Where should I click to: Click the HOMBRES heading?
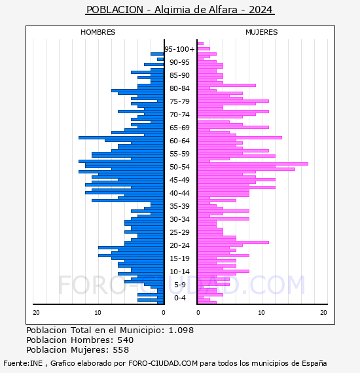(x=98, y=32)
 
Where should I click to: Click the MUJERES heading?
(x=262, y=32)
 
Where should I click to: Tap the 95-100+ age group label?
(x=179, y=49)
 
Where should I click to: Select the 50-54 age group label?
(x=179, y=167)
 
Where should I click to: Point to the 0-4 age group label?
(x=179, y=298)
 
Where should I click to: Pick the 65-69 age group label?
(x=179, y=128)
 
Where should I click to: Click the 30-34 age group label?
(x=179, y=219)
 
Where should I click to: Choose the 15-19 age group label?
(x=179, y=258)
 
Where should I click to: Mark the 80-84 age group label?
(x=179, y=88)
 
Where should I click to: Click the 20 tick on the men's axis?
(x=36, y=313)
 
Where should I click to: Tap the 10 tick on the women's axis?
(x=261, y=313)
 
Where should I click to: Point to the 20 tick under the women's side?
(x=323, y=313)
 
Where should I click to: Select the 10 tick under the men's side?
(x=98, y=313)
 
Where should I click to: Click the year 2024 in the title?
(x=261, y=10)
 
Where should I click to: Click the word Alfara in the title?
(x=223, y=10)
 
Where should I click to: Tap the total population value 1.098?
(x=181, y=330)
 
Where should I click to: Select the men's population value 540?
(x=126, y=340)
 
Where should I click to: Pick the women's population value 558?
(x=121, y=349)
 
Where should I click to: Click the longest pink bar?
(x=253, y=164)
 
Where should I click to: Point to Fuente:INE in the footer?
(x=23, y=363)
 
